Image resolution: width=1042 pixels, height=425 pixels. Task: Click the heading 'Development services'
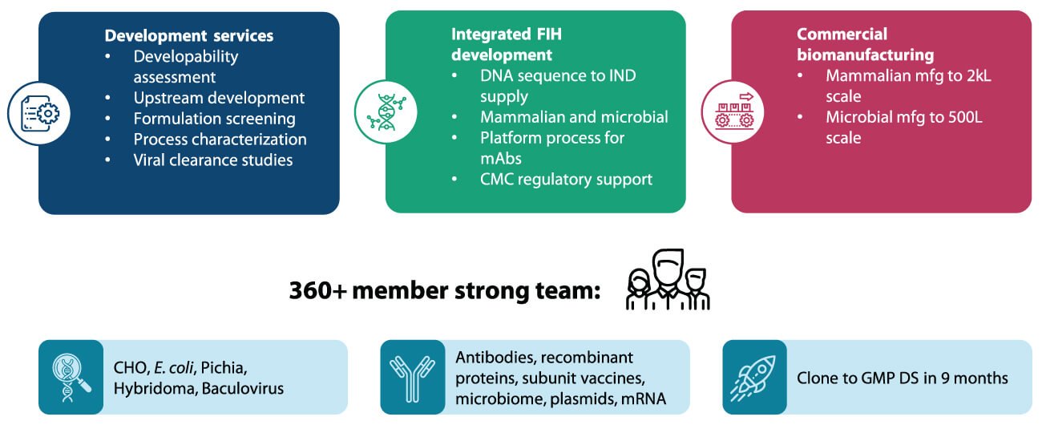189,36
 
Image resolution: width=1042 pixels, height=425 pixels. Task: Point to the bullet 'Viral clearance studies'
212,160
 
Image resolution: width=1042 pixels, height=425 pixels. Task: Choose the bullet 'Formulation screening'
214,119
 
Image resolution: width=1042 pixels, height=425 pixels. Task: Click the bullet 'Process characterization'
220,140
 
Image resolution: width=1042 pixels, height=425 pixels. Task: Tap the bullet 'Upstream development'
219,98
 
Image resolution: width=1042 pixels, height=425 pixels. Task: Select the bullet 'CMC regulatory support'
566,179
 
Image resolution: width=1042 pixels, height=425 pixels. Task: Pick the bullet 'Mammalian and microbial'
574,117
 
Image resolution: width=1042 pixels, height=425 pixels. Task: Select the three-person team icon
667,281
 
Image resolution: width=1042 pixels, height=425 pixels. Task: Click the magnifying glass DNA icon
71,377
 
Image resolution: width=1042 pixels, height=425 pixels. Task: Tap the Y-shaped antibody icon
412,377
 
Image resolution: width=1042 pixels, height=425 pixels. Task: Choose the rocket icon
753,377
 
